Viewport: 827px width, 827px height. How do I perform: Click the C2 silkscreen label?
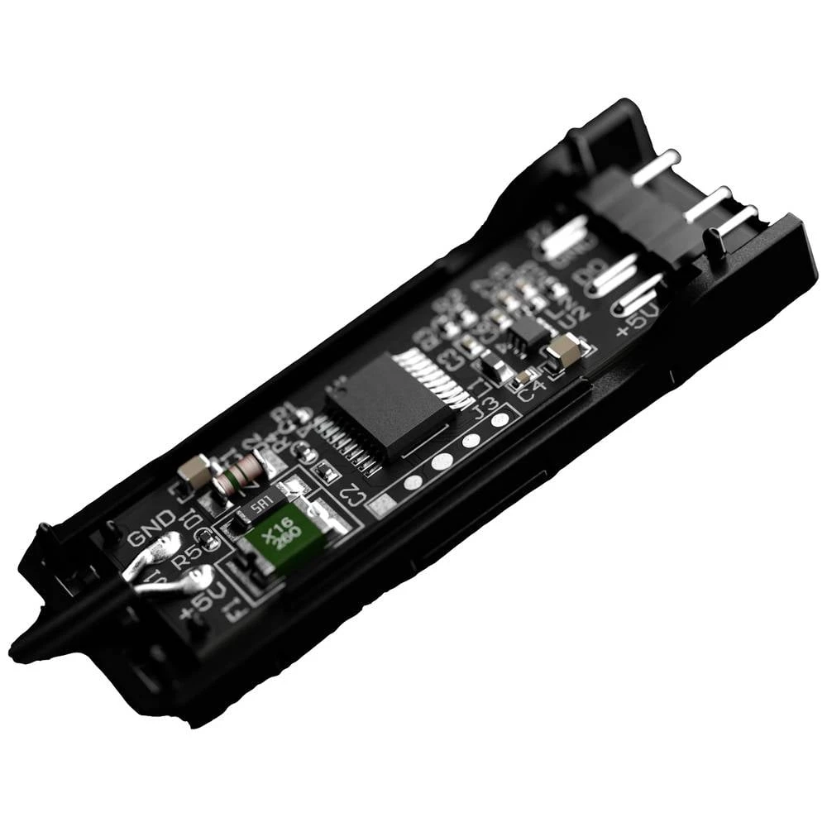tap(352, 495)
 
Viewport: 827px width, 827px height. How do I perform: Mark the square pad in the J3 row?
tap(381, 504)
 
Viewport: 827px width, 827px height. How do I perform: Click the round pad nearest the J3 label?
tap(500, 420)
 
